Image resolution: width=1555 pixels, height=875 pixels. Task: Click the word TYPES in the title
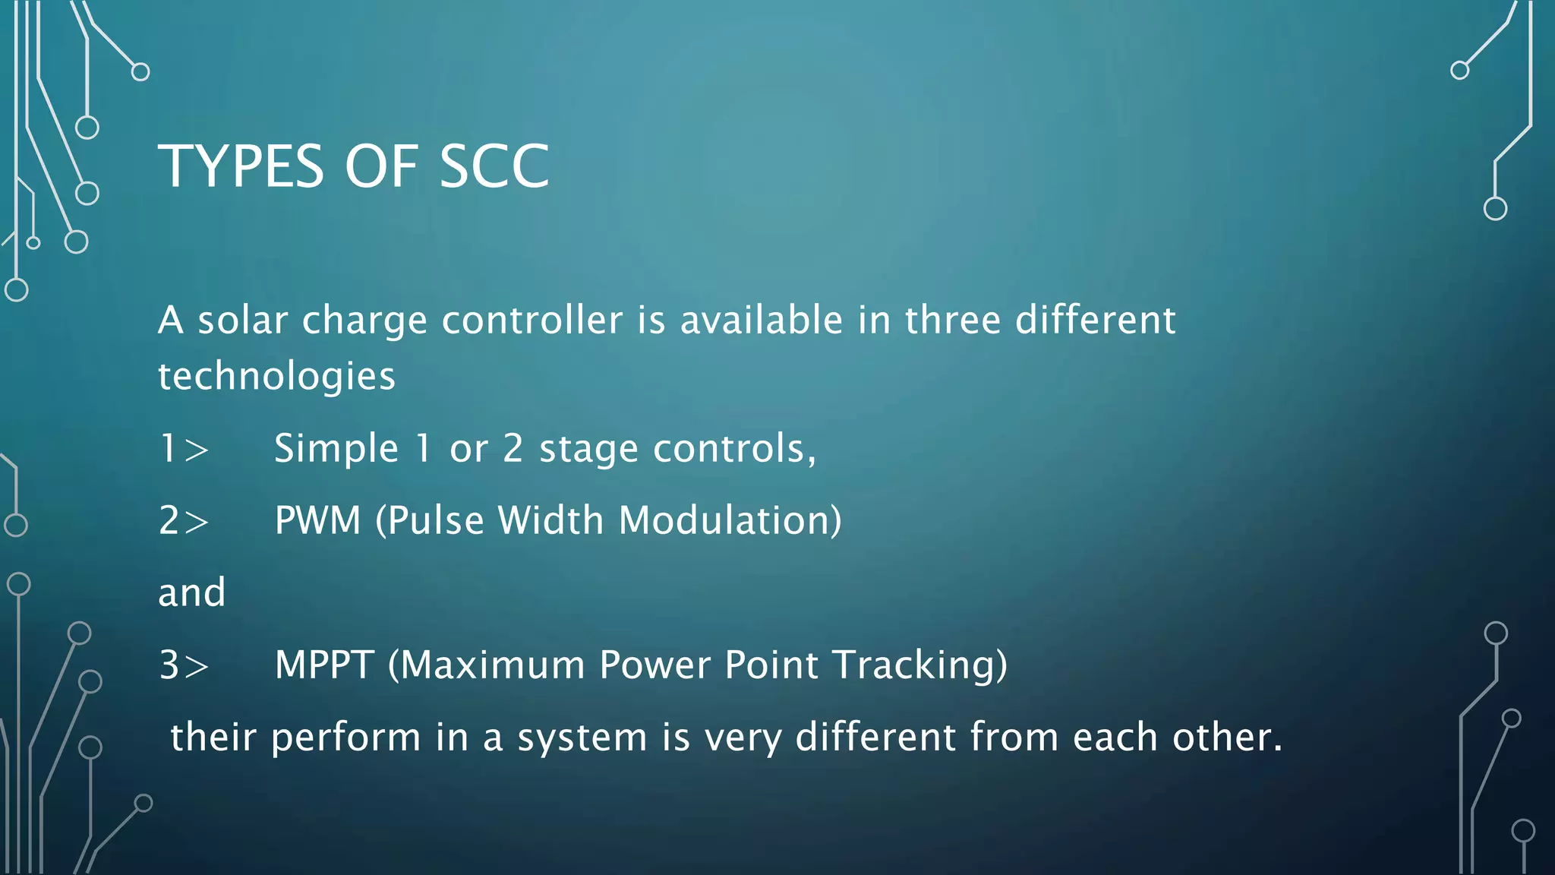coord(241,166)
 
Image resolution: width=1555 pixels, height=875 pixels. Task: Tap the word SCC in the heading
coord(494,166)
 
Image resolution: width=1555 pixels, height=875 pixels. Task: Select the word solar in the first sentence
coord(243,320)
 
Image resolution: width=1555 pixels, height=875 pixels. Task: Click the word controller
coord(532,320)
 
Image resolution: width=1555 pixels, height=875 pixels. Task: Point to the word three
coord(953,320)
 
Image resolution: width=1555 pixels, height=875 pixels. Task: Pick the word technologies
coord(276,377)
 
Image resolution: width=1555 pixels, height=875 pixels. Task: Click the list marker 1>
coord(184,448)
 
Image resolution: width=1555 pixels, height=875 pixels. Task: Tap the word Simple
coord(336,448)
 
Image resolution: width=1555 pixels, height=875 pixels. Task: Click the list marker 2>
coord(184,521)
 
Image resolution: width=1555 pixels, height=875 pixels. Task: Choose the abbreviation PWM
coord(318,521)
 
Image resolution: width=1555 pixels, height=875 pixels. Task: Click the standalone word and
coord(191,592)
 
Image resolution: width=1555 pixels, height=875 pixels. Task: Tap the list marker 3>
coord(184,665)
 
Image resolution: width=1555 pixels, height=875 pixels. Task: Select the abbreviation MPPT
coord(324,665)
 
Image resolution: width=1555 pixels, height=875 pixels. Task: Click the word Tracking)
coord(920,665)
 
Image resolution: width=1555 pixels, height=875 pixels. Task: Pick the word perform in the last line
coord(345,738)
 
